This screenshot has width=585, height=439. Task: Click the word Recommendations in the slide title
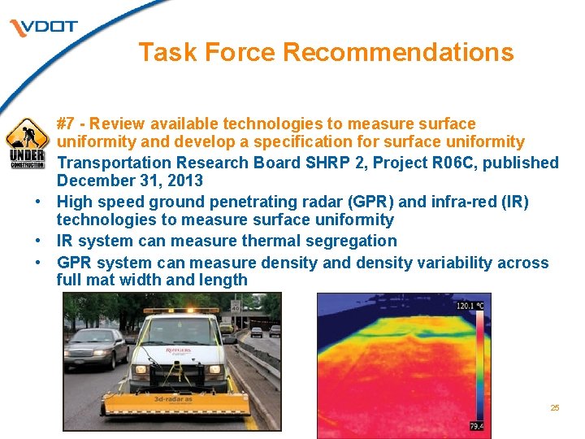click(x=398, y=52)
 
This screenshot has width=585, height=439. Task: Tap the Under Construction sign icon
click(x=26, y=143)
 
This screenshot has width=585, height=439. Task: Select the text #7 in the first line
click(x=69, y=124)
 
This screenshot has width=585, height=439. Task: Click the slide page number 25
click(x=555, y=408)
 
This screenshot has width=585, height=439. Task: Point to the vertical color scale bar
click(x=479, y=366)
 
